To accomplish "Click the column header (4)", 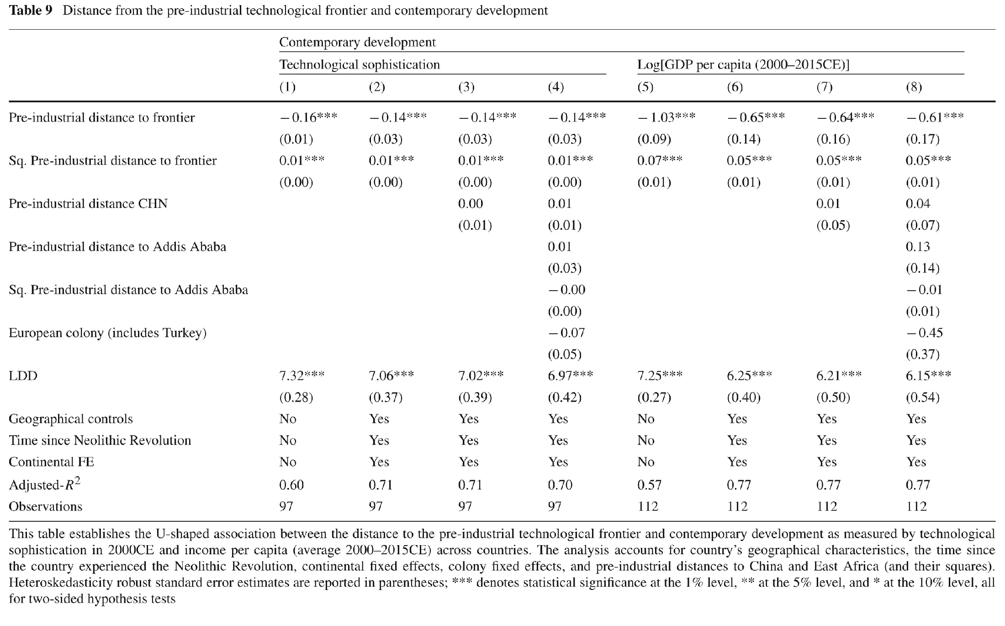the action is (555, 87).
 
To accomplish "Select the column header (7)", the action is (824, 87).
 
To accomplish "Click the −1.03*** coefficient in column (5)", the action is (666, 117).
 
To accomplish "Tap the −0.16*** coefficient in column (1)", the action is (308, 117).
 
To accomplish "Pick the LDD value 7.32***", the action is (302, 376).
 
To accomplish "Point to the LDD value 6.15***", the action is (929, 376).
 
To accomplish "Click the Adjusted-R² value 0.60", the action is (291, 485).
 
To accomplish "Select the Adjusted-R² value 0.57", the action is (650, 485).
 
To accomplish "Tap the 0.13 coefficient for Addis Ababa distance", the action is (918, 247).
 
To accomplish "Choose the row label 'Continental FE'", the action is (51, 462).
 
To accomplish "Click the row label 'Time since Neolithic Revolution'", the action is (100, 440).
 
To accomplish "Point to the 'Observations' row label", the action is (46, 506).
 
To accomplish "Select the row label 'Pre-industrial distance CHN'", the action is (88, 204).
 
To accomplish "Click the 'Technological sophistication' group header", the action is (360, 65).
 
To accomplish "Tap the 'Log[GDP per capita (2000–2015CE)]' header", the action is (743, 65).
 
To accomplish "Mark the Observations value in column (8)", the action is (916, 506).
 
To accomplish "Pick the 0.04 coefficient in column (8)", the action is (918, 204).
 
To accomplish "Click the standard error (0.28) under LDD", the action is (296, 398).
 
